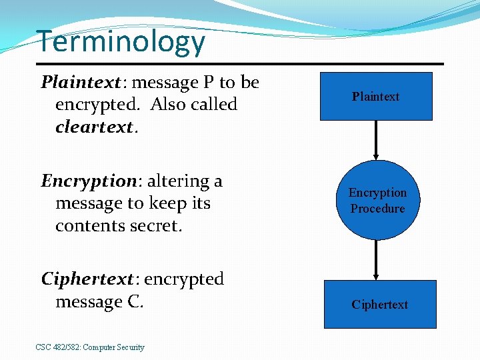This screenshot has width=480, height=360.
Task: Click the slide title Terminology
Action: click(121, 41)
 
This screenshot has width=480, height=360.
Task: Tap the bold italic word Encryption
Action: click(88, 181)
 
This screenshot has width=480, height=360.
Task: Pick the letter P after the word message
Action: click(209, 83)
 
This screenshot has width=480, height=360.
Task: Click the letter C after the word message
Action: click(133, 302)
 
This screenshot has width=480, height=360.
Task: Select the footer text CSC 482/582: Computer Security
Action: click(90, 347)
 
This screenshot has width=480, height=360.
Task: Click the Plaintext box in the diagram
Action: click(376, 97)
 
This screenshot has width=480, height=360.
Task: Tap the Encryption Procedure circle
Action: click(377, 200)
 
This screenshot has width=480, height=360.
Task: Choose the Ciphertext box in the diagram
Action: click(380, 305)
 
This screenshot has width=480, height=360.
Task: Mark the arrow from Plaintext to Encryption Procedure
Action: click(377, 141)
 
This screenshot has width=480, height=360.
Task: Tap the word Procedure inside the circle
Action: click(377, 209)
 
